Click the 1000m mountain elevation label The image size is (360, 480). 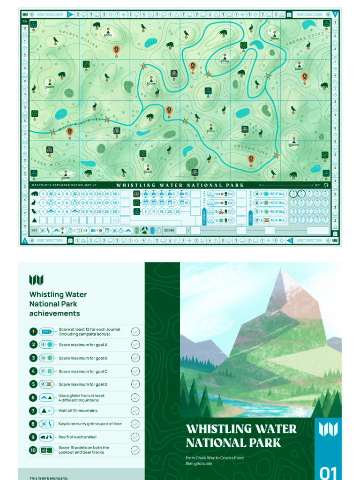point(294,145)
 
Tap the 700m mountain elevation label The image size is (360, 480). point(274,38)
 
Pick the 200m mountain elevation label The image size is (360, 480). point(210,131)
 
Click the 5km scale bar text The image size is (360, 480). point(317,185)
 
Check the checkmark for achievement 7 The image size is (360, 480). point(135,411)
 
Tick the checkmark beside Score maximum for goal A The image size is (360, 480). point(135,345)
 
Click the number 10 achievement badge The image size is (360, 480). point(33,450)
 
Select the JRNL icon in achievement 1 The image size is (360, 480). point(47,331)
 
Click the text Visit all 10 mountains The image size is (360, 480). point(78,411)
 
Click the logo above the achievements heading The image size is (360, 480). point(36,280)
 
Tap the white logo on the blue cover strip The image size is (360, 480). point(328,429)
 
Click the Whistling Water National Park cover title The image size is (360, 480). point(241,436)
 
